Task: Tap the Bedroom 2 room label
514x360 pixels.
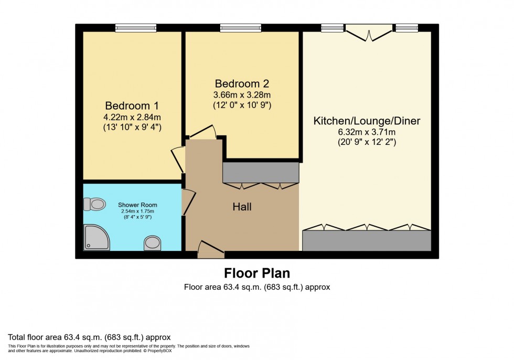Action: (242, 83)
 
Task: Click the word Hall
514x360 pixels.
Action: (242, 207)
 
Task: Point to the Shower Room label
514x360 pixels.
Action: (137, 205)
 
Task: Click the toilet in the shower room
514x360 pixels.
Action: (95, 204)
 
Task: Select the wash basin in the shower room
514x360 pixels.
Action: (152, 242)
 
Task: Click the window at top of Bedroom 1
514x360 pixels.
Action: (136, 28)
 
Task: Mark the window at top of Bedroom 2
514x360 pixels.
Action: (241, 28)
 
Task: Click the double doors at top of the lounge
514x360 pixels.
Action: (369, 33)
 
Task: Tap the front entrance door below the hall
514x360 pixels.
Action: (211, 249)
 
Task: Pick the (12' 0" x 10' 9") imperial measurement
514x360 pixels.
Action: (242, 105)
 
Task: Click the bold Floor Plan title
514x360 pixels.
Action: (257, 273)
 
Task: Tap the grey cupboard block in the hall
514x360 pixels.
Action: (261, 172)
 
